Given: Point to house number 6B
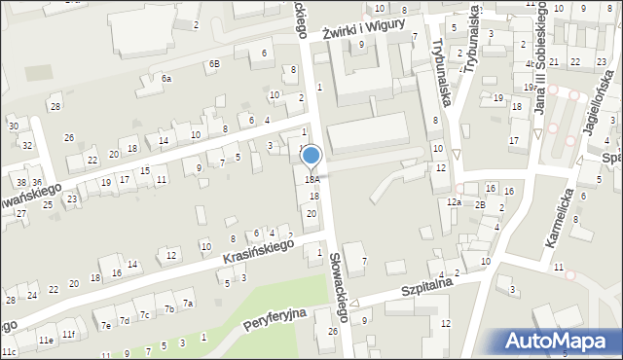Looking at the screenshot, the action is (214, 64).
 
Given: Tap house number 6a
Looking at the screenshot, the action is (166, 78).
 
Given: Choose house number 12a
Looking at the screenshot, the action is (454, 202).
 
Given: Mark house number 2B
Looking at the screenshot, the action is (480, 204).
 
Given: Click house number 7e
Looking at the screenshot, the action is (104, 326).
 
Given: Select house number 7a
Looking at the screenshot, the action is (189, 304).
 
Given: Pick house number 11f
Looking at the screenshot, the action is (68, 335).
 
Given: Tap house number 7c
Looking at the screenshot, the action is (143, 314).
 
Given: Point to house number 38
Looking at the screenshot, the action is (20, 182).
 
